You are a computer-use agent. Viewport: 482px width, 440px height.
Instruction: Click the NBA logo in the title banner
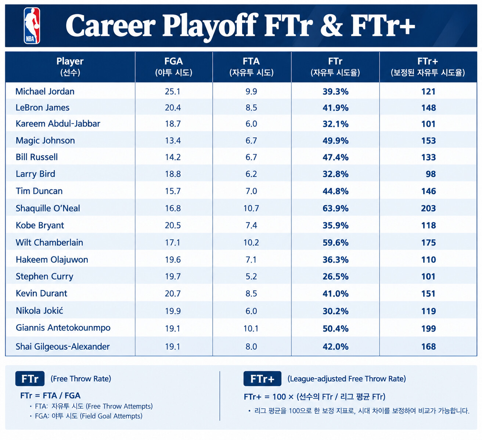click(x=32, y=26)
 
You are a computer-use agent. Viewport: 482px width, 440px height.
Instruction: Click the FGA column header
click(x=173, y=67)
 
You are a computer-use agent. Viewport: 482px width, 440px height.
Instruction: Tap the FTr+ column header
click(x=428, y=67)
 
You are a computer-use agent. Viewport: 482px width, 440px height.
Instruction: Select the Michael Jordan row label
click(x=45, y=91)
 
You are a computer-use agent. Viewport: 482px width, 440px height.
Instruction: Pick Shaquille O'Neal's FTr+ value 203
click(x=428, y=208)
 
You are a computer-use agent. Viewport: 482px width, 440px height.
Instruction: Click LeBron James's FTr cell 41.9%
click(x=335, y=108)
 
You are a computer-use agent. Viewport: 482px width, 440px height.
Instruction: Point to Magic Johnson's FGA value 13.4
click(x=173, y=141)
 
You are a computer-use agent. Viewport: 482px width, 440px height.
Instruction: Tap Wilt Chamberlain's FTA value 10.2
click(x=251, y=243)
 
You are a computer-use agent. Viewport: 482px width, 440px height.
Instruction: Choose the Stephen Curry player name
click(x=44, y=277)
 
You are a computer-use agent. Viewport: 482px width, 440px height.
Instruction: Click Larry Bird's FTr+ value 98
click(x=431, y=174)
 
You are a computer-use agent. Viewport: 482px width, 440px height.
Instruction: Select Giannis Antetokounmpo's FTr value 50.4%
click(x=335, y=328)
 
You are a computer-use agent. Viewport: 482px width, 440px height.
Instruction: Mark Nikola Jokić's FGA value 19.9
click(x=173, y=311)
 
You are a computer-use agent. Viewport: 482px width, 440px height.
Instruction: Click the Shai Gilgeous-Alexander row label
click(x=63, y=347)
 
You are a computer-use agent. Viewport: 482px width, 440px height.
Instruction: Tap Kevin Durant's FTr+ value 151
click(x=428, y=294)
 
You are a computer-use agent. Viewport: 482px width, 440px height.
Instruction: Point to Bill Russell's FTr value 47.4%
click(x=335, y=157)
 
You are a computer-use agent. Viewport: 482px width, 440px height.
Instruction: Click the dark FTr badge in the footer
click(x=30, y=379)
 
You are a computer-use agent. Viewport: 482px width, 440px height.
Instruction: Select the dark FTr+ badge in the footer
click(x=262, y=379)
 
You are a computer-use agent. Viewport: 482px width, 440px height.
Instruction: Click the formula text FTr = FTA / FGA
click(x=50, y=395)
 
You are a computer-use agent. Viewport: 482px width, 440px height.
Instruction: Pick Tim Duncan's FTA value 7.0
click(x=251, y=191)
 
